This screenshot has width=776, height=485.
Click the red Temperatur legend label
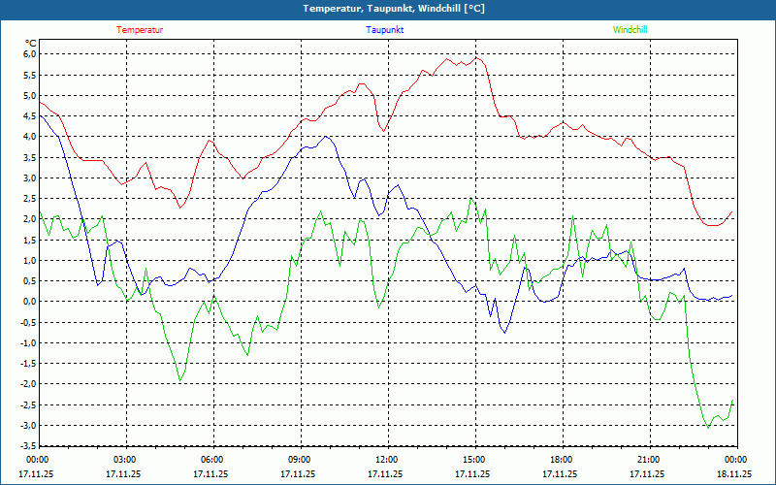click(140, 30)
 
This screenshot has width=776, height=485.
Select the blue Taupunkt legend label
click(385, 30)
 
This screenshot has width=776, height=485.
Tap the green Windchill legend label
click(630, 30)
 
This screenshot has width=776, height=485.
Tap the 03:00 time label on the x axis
click(125, 460)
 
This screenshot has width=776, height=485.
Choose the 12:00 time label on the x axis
click(386, 460)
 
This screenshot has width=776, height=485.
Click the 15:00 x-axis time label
click(473, 460)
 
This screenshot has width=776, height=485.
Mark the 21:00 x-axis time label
click(648, 460)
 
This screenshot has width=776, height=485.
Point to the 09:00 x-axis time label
click(299, 460)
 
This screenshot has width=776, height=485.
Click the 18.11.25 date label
click(734, 474)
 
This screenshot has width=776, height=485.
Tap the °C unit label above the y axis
click(30, 43)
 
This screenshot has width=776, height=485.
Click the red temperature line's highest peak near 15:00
click(476, 58)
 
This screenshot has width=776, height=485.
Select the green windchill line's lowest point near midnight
click(708, 427)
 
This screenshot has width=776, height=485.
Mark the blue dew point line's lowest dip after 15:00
click(504, 333)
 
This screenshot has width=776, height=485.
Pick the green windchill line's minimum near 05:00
click(180, 380)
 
